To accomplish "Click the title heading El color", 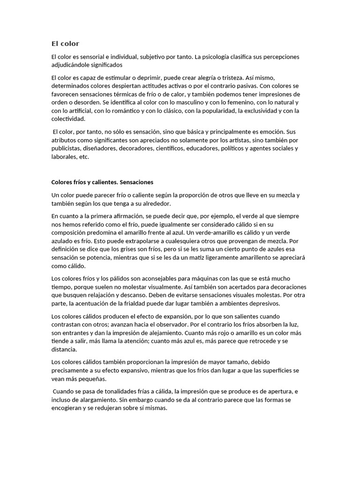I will [x=65, y=44].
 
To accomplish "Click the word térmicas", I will [x=148, y=94].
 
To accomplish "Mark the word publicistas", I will [x=66, y=149].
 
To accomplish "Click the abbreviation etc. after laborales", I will [x=84, y=157].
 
